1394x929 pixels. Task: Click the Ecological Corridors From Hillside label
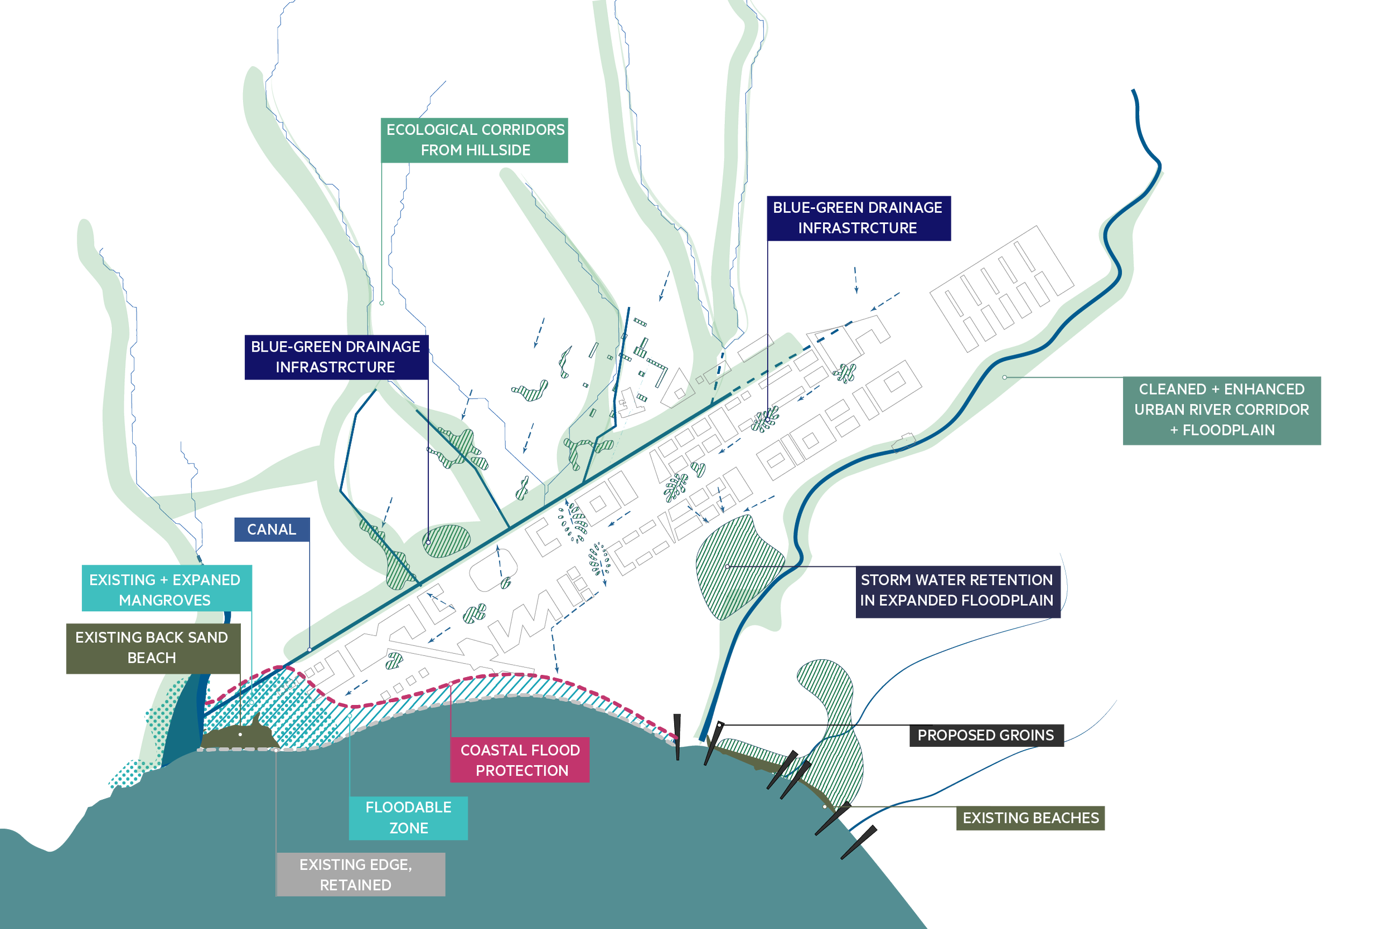point(475,140)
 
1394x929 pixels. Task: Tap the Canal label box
point(272,529)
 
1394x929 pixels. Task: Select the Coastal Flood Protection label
point(520,760)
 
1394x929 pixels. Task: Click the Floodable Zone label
point(408,818)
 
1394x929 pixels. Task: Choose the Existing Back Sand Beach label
point(152,648)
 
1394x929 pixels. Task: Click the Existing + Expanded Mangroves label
point(164,590)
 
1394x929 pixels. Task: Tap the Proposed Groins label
point(986,735)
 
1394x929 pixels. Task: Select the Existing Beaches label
point(1030,818)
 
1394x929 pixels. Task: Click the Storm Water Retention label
point(957,590)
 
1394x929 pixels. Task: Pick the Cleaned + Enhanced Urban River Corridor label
point(1222,410)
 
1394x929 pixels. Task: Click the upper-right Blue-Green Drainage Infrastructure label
point(858,218)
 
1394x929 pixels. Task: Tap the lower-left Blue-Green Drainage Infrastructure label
point(336,357)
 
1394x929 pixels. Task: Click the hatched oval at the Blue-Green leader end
point(446,541)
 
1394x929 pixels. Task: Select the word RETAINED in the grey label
point(356,885)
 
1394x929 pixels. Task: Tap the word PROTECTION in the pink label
point(522,771)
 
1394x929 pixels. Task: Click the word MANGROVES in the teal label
point(164,601)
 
